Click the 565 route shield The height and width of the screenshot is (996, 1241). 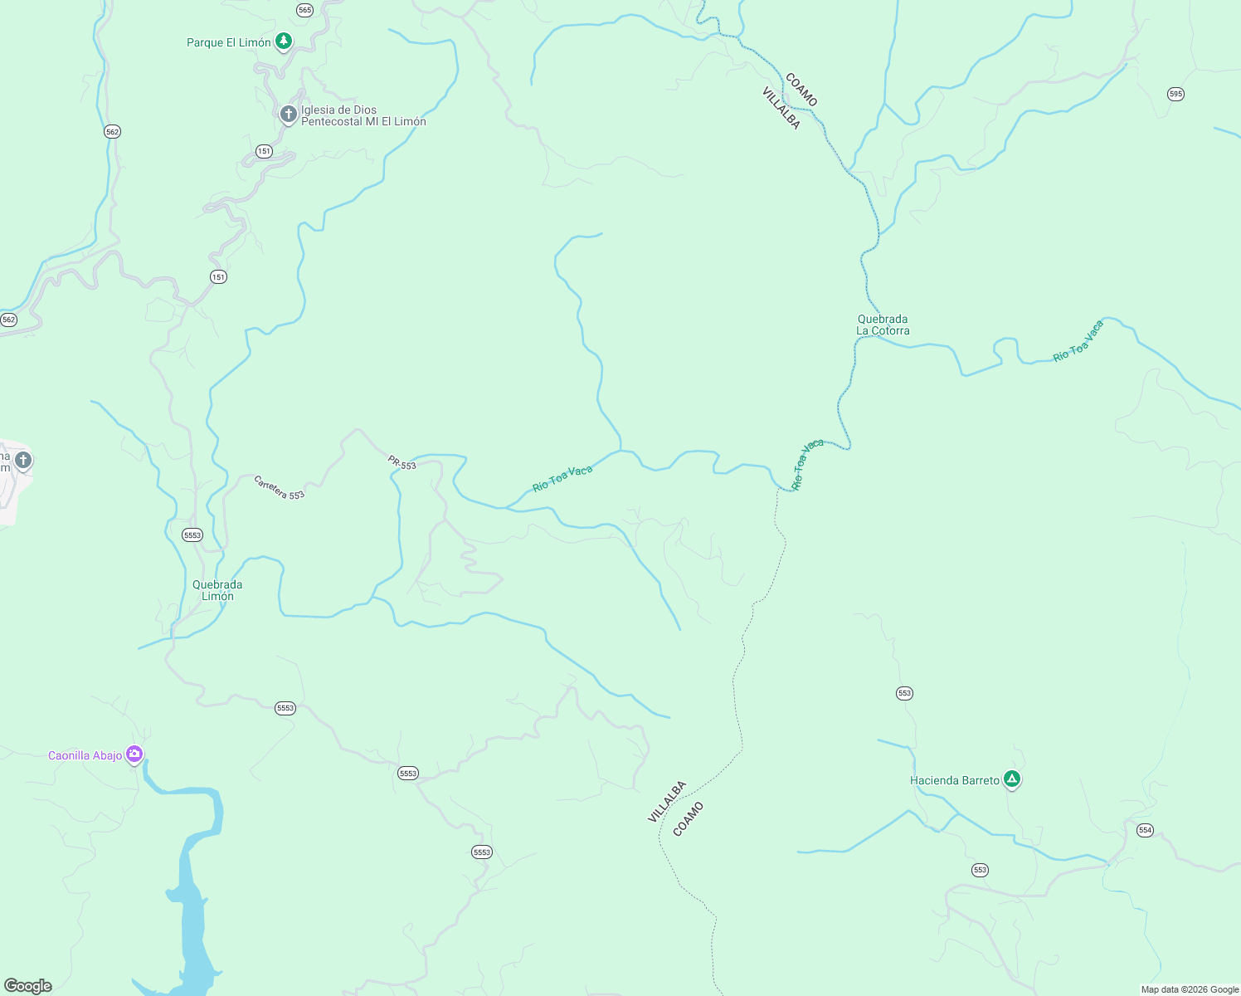point(304,10)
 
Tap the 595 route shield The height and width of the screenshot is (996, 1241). point(1175,94)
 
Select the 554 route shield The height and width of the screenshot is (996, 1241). point(1145,830)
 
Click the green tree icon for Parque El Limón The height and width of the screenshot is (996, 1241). point(284,41)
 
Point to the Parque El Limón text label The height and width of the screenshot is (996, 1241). point(228,42)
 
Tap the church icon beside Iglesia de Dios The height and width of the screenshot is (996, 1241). point(288,115)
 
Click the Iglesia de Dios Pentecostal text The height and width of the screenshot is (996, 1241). point(363,115)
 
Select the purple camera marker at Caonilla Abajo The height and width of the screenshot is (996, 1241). point(134,754)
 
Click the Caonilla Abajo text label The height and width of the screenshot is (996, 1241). point(85,755)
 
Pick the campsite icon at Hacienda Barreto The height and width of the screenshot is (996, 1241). point(1011,779)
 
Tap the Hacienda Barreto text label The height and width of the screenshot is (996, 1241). point(954,780)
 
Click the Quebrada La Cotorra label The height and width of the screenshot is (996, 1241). point(883,325)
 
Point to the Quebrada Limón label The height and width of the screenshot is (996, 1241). point(217,590)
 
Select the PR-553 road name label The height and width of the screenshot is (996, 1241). point(402,463)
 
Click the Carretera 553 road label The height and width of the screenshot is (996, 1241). point(279,488)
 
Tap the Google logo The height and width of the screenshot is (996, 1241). point(28,986)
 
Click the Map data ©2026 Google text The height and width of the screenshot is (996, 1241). point(1190,989)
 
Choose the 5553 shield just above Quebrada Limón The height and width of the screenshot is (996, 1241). point(192,535)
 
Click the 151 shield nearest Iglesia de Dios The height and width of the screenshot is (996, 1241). point(264,151)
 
